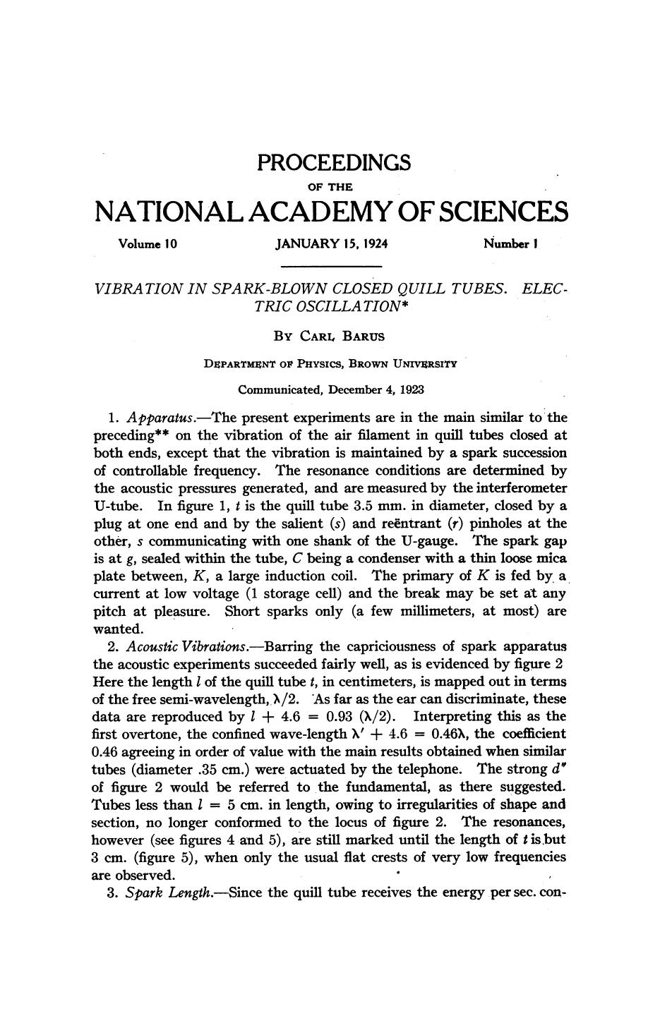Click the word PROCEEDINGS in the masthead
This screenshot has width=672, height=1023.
click(x=333, y=163)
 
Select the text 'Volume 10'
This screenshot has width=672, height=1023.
click(x=148, y=245)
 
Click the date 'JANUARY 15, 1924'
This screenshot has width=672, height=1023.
click(x=332, y=245)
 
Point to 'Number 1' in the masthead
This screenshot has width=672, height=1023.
click(x=512, y=245)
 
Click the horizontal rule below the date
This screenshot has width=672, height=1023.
click(x=331, y=267)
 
